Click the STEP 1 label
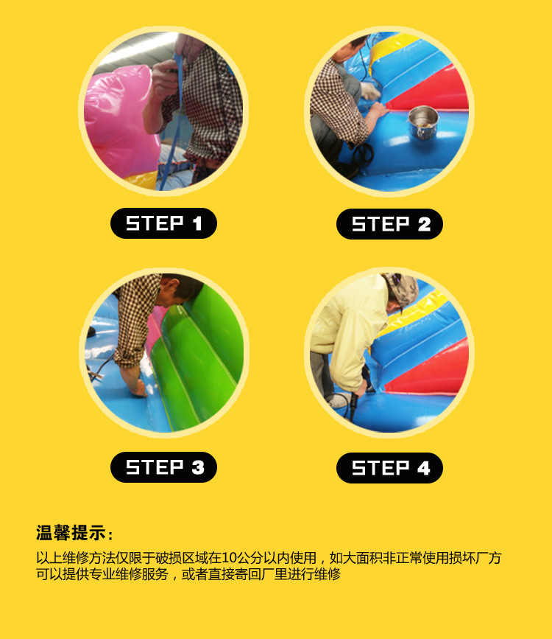click(x=163, y=223)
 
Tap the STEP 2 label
click(x=389, y=224)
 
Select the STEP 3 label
click(x=163, y=467)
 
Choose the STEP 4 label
click(x=389, y=468)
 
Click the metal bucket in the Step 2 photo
click(x=423, y=122)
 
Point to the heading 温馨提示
click(x=71, y=533)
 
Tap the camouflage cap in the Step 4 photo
click(x=401, y=288)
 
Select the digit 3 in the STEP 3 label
click(x=198, y=467)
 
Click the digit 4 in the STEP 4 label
click(x=424, y=468)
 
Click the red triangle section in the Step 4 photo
click(x=431, y=370)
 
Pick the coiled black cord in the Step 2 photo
click(x=364, y=154)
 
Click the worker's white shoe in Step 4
click(x=339, y=400)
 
